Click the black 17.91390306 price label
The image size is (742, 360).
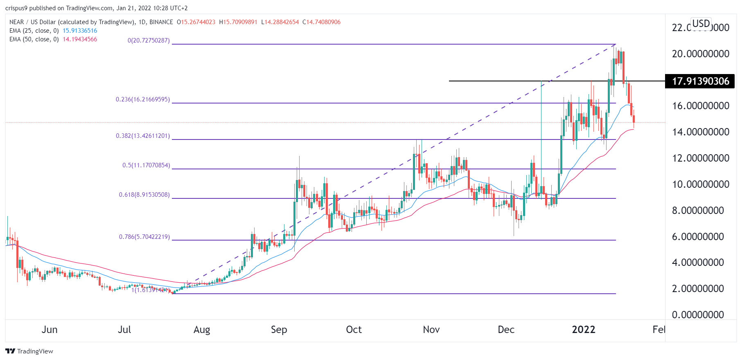point(700,81)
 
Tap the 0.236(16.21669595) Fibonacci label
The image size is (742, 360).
point(142,99)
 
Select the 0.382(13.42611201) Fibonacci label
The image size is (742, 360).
point(142,136)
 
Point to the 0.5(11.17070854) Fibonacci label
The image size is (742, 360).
point(146,165)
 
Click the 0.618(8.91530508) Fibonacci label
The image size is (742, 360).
point(144,195)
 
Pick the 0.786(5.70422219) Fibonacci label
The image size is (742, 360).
point(144,237)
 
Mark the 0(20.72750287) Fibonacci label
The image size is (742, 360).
point(149,40)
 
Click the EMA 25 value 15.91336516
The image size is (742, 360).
point(80,31)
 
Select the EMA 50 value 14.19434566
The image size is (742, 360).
point(80,39)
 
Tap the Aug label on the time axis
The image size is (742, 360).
point(202,330)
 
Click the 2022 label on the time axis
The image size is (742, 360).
point(583,330)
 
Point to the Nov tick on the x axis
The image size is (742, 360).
point(431,330)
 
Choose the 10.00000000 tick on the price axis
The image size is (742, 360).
point(700,184)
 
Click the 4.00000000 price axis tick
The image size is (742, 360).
point(698,263)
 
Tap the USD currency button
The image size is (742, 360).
point(701,24)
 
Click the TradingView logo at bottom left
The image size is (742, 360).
point(29,351)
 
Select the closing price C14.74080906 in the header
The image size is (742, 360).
point(321,22)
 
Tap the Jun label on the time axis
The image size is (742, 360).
point(50,330)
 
